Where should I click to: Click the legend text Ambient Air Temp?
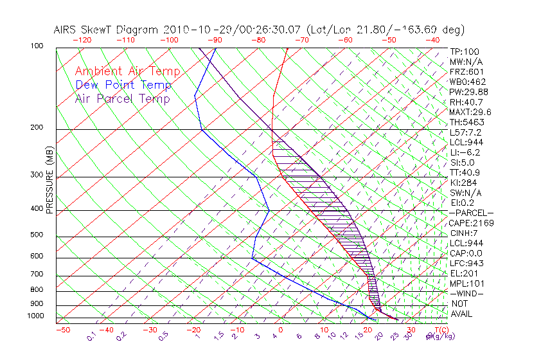(x=127, y=71)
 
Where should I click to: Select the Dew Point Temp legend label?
(x=123, y=85)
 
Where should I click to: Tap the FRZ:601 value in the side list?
(x=466, y=71)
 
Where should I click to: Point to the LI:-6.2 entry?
(x=465, y=152)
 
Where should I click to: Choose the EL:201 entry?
(x=464, y=273)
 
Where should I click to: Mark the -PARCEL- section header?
(x=471, y=213)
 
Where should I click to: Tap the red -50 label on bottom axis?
(x=62, y=330)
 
